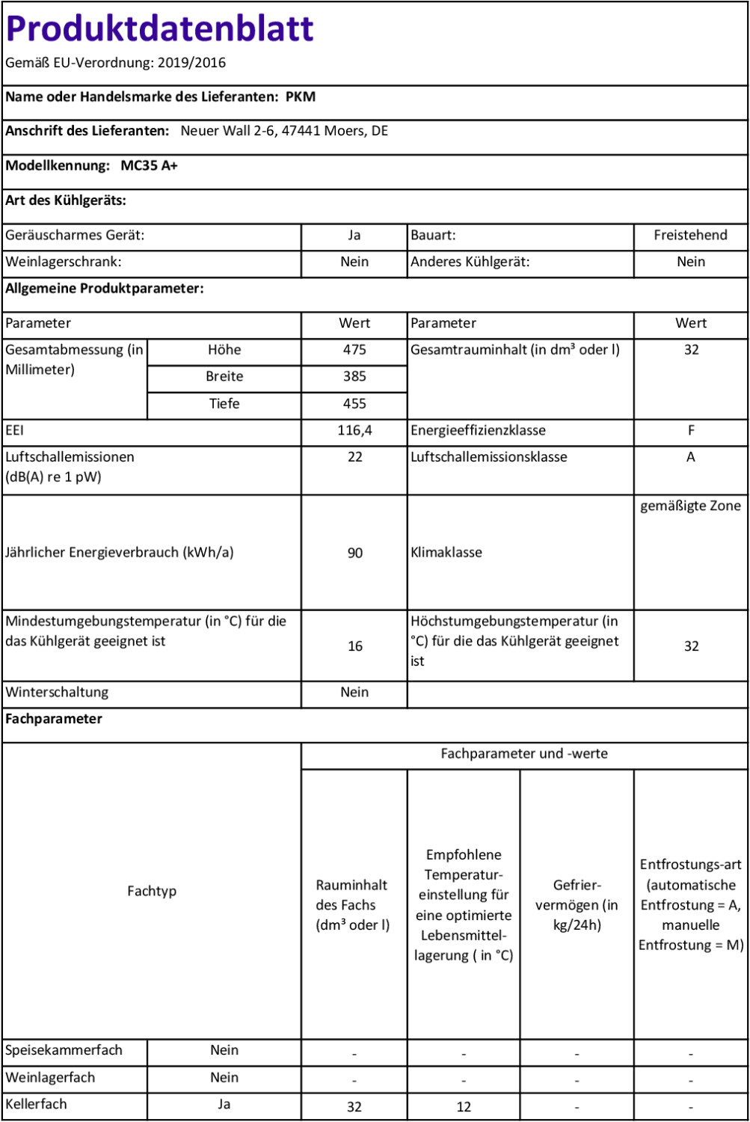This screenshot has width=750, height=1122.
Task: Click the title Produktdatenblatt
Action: click(159, 29)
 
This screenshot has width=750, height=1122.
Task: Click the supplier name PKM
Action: click(301, 96)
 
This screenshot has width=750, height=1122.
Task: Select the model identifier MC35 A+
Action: click(150, 165)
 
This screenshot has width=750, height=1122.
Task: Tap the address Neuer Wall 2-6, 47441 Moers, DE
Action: click(284, 131)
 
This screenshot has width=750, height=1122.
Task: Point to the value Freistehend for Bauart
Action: click(690, 235)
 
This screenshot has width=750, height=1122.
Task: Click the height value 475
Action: click(354, 349)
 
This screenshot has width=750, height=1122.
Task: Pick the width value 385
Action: click(354, 376)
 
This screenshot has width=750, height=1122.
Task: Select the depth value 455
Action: click(354, 403)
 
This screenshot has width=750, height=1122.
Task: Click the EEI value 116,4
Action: click(354, 430)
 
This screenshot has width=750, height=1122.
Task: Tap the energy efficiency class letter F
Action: click(691, 430)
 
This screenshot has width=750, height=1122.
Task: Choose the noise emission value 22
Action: click(354, 457)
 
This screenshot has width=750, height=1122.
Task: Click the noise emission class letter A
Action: click(691, 457)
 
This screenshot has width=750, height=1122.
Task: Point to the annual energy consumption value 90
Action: click(354, 553)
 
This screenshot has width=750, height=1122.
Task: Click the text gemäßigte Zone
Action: click(690, 506)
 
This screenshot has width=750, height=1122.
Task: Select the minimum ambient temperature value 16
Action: click(354, 646)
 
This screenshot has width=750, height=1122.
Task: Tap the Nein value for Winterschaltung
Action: click(354, 692)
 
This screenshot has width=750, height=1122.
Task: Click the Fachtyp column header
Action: click(152, 891)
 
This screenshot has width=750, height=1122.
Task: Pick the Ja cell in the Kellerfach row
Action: click(224, 1104)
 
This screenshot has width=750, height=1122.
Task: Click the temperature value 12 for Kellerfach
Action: click(464, 1107)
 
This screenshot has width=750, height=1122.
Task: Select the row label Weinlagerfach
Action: click(50, 1077)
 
